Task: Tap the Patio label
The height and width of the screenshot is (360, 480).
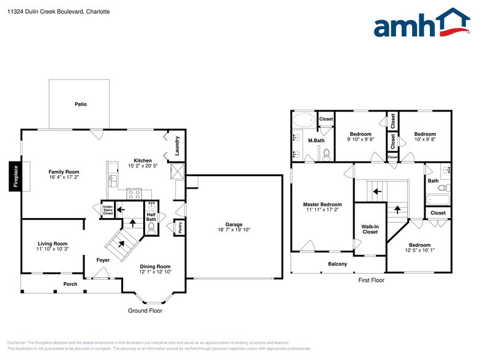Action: (x=81, y=104)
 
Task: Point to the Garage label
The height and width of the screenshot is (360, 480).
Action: (x=234, y=224)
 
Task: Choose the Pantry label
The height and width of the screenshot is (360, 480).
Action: (x=179, y=228)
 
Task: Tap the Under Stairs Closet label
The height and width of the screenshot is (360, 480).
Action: (x=108, y=210)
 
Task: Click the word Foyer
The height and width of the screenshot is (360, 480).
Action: (x=103, y=260)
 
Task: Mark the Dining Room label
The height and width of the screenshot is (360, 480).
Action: (x=155, y=266)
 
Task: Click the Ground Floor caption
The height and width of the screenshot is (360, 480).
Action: (x=144, y=310)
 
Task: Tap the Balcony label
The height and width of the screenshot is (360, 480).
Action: (x=337, y=264)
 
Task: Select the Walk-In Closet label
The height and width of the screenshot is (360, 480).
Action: (x=370, y=229)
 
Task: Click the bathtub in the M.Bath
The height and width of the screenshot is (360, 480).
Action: (x=303, y=119)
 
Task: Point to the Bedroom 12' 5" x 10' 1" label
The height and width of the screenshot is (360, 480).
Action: (x=420, y=245)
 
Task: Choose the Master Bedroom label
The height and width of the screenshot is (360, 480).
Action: (x=322, y=204)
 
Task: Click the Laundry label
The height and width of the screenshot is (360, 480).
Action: (x=177, y=144)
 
